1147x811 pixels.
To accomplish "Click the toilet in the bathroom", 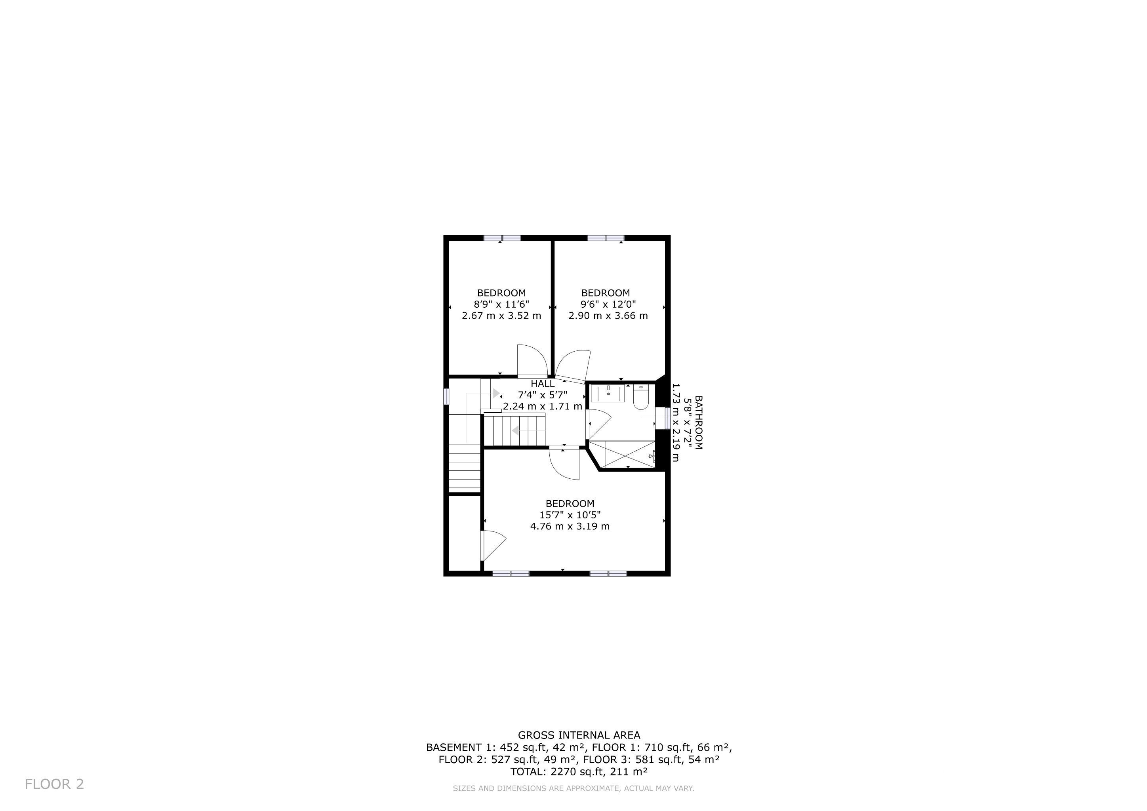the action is (x=640, y=397).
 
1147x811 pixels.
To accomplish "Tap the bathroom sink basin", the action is (x=608, y=394).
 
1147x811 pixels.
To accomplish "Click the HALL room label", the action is (x=543, y=384).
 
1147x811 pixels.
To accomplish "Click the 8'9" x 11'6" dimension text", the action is (x=501, y=304).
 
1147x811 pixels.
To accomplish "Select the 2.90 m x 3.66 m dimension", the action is (x=608, y=316).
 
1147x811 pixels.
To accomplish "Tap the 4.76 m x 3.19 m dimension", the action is (x=570, y=526).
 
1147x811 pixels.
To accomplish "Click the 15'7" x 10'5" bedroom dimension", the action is (x=570, y=515).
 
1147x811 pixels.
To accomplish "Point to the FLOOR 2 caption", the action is (x=54, y=784).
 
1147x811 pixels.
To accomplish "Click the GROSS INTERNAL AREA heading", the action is (x=579, y=735).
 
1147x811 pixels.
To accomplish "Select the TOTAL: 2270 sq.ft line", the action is (x=579, y=771).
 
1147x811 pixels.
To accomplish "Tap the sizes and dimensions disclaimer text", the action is (x=573, y=788).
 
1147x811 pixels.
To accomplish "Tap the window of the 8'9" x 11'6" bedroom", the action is (x=502, y=238).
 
